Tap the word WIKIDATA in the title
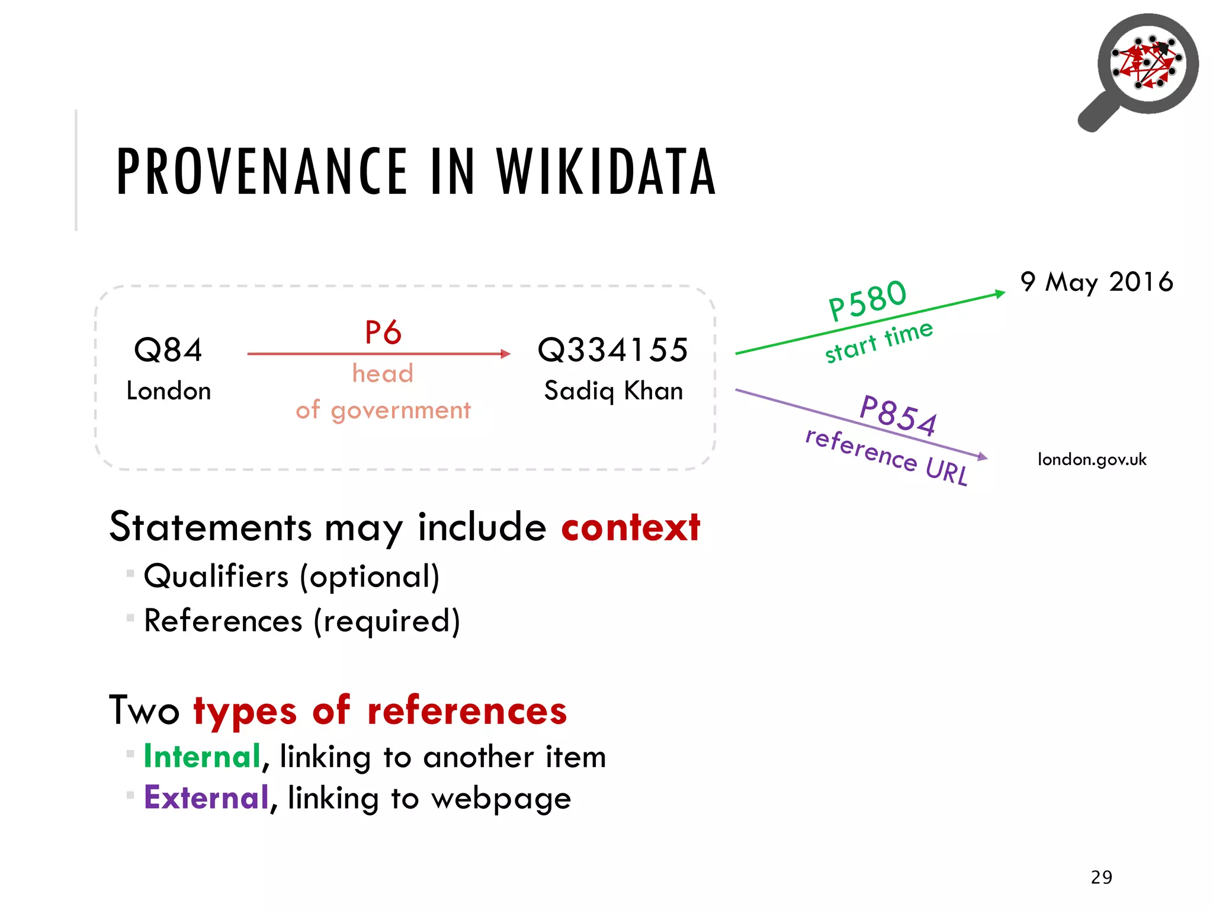tap(606, 172)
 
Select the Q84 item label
tap(168, 350)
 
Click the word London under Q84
tap(169, 391)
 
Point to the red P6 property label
tap(383, 332)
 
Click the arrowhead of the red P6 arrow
tap(505, 354)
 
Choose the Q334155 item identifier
tap(613, 350)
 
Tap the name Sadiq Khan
tap(614, 391)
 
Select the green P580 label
tap(867, 300)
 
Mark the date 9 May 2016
tap(1096, 282)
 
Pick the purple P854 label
tap(898, 415)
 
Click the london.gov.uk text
tap(1092, 459)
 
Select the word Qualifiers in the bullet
tap(216, 576)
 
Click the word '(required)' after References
tap(387, 621)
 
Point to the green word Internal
tap(203, 757)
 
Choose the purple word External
tap(207, 797)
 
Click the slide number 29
tap(1102, 877)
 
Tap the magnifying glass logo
tap(1142, 68)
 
